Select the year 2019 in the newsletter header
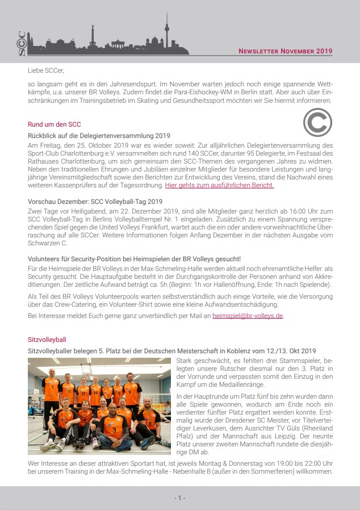[324, 51]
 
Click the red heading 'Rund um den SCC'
[55, 124]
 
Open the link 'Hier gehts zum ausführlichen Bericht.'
[220, 185]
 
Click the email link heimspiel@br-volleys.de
[248, 315]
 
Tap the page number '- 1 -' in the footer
[179, 498]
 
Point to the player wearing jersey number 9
[132, 392]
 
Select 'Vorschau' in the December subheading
[42, 201]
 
